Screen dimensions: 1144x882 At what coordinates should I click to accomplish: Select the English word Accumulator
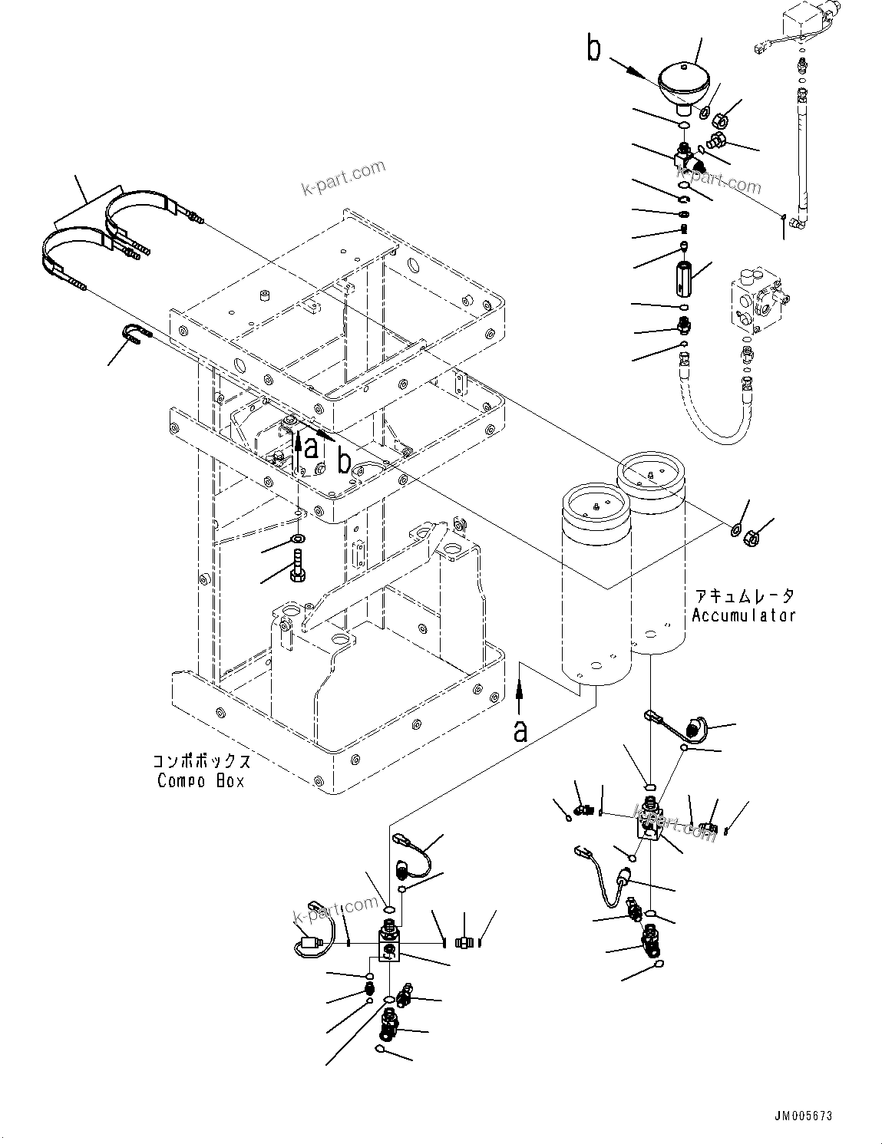743,615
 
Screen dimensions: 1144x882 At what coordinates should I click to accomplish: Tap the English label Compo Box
201,780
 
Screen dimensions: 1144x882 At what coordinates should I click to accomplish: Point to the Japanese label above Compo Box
201,762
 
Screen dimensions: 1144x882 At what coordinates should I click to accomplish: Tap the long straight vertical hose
802,153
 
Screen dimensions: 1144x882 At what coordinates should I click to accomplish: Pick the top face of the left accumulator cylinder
596,504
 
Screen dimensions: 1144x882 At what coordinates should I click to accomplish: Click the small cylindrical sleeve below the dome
682,273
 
